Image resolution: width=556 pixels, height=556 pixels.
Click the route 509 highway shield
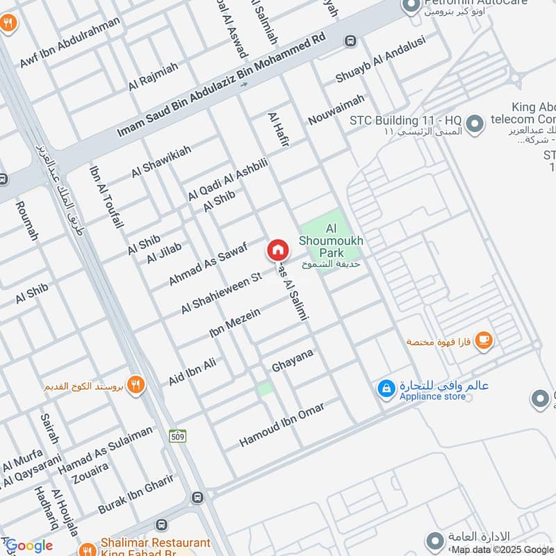point(177,436)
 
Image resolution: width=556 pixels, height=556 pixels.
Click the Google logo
point(29,546)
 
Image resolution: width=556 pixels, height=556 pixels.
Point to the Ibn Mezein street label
point(235,324)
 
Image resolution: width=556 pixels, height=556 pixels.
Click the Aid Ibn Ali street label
point(193,371)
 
